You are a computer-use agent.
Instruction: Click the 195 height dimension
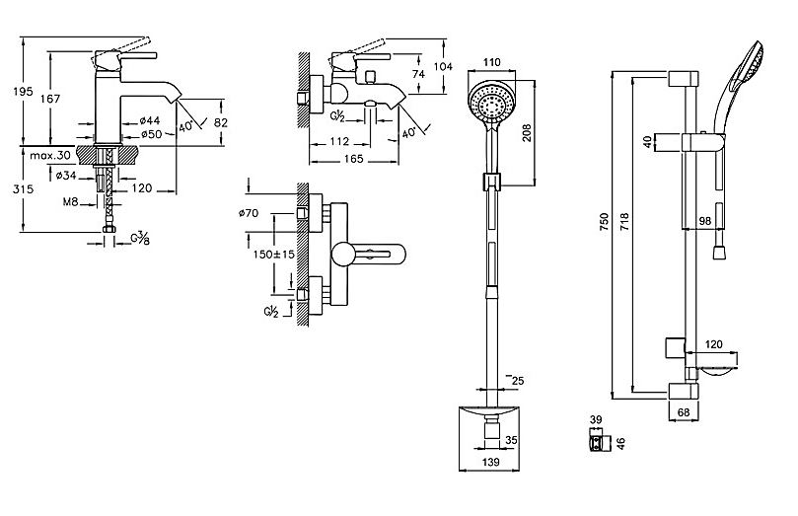pyautogui.click(x=24, y=92)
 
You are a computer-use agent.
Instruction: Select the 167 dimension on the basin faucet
pyautogui.click(x=50, y=99)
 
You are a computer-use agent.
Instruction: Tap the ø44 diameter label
pyautogui.click(x=150, y=120)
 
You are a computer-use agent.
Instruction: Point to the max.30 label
pyautogui.click(x=50, y=155)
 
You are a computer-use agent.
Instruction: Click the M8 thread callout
pyautogui.click(x=70, y=202)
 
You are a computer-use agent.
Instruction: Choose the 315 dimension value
pyautogui.click(x=24, y=189)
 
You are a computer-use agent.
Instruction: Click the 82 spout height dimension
pyautogui.click(x=220, y=122)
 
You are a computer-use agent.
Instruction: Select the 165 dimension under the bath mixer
pyautogui.click(x=353, y=159)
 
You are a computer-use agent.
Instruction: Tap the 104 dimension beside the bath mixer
pyautogui.click(x=443, y=66)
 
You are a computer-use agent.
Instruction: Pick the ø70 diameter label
pyautogui.click(x=249, y=213)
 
